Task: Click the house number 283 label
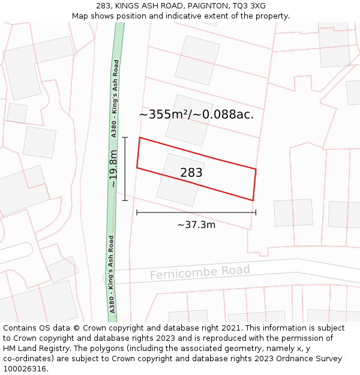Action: coord(191,173)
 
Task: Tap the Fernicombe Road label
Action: coord(200,273)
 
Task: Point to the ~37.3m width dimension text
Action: coord(196,225)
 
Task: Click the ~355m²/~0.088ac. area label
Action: coord(196,115)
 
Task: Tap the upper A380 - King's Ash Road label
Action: coord(115,99)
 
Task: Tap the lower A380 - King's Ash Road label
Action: coord(111,274)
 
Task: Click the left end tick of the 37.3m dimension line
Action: coord(137,212)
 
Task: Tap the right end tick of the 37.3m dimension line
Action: coord(256,212)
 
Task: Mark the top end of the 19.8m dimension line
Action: coord(125,137)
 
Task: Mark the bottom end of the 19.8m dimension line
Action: coord(125,200)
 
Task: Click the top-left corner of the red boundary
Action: coord(140,137)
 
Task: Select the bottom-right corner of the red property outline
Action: coord(253,200)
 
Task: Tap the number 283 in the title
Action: coord(104,6)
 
